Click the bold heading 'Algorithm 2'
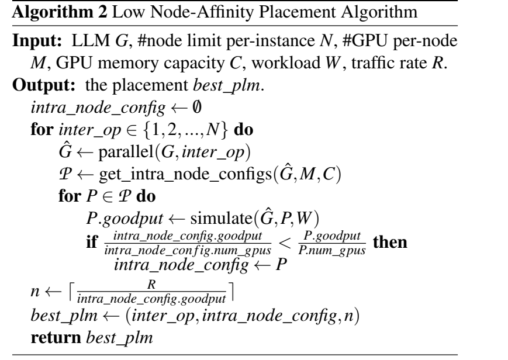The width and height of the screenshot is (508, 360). click(59, 12)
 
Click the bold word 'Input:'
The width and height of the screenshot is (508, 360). click(37, 41)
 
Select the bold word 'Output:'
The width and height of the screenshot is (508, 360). click(44, 85)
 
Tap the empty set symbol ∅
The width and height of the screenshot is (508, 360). click(196, 106)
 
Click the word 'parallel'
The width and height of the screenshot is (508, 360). click(126, 151)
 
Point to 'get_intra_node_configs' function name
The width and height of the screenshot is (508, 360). click(185, 174)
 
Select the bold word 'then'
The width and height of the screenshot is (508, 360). click(390, 242)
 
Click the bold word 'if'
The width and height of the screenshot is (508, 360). click(92, 241)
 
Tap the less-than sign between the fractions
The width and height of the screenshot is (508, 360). click(285, 243)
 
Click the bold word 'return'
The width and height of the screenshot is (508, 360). click(56, 338)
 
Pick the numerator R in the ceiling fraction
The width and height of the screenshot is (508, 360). click(151, 284)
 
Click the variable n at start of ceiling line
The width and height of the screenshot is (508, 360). click(35, 291)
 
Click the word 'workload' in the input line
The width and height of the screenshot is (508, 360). click(286, 63)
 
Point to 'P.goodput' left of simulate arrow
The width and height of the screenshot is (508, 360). click(125, 218)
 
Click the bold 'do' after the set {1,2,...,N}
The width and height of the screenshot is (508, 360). click(244, 130)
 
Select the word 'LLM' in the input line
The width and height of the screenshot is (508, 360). click(91, 41)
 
